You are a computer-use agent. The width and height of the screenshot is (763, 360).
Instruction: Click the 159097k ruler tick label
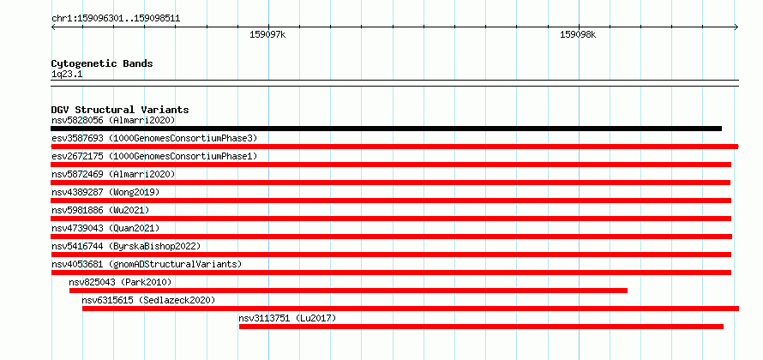pos(267,35)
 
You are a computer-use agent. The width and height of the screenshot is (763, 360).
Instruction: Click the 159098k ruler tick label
pos(578,35)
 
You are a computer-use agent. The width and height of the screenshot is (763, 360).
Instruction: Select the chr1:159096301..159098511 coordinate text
pos(116,19)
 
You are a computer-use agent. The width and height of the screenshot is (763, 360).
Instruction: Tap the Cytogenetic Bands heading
pos(102,63)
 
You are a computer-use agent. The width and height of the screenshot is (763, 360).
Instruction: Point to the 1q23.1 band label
pos(63,74)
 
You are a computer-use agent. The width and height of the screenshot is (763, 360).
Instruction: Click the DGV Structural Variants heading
pos(120,110)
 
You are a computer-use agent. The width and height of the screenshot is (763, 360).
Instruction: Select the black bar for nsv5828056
pos(387,129)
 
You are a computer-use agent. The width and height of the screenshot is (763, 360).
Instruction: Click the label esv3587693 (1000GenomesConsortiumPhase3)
pos(154,138)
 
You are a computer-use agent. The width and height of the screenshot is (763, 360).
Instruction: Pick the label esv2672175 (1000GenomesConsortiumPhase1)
pos(154,156)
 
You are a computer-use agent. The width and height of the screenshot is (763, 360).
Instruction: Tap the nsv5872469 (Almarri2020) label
pos(113,174)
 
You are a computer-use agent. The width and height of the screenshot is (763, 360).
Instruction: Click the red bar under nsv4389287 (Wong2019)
pos(391,201)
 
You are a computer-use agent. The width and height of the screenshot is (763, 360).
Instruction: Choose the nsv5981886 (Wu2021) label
pos(100,210)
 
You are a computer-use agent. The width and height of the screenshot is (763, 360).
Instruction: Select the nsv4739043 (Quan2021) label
pos(105,228)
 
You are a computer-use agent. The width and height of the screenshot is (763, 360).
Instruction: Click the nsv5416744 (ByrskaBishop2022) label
pos(126,246)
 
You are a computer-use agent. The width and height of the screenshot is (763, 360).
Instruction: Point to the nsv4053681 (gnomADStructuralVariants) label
pos(147,264)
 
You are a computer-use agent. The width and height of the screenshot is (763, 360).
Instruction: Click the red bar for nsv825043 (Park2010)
pos(348,291)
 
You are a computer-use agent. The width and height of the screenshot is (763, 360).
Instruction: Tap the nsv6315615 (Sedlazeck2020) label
pos(148,300)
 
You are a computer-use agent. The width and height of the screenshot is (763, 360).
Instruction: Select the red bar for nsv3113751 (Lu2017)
pos(481,327)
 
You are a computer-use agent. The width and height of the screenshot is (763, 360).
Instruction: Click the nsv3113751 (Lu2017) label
pos(287,318)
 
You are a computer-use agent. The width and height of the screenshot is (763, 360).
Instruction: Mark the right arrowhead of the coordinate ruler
pos(737,27)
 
